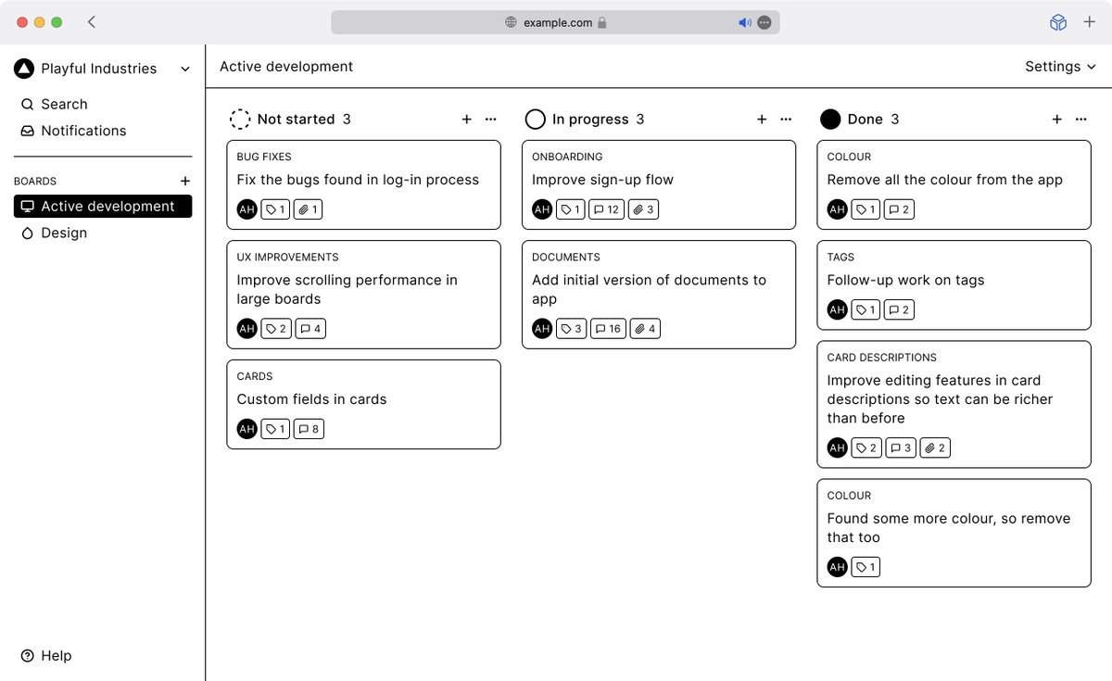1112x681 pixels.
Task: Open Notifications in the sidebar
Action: point(73,131)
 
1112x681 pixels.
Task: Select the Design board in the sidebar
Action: point(55,233)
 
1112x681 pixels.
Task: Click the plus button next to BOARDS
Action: point(185,181)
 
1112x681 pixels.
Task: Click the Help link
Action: point(46,656)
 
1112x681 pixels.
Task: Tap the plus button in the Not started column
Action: point(467,120)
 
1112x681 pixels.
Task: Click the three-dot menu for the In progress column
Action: point(786,120)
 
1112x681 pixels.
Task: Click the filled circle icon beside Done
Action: point(830,120)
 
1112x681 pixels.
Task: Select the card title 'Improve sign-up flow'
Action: point(602,180)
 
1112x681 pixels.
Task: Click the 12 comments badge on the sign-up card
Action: point(606,209)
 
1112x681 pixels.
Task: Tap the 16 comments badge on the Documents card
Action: point(608,329)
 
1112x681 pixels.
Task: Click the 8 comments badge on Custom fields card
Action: point(309,429)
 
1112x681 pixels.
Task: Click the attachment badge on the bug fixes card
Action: point(308,209)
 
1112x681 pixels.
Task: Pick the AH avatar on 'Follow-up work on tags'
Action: point(837,309)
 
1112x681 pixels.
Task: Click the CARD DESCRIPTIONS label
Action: point(881,358)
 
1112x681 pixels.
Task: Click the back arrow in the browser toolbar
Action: point(92,22)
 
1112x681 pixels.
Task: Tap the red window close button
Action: point(22,22)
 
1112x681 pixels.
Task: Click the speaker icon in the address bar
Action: point(745,22)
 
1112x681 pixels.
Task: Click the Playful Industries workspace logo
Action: point(24,69)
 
